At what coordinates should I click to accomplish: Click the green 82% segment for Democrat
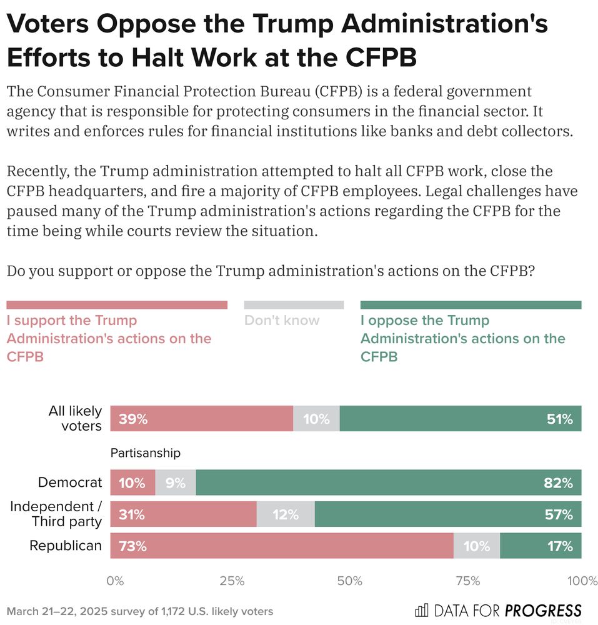(388, 482)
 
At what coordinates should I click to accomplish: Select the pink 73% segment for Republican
(282, 546)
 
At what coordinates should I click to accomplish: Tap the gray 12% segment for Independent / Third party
(285, 514)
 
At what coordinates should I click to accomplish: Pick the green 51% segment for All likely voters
(460, 419)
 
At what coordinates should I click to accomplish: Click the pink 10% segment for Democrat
(132, 482)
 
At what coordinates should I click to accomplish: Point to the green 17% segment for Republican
(541, 546)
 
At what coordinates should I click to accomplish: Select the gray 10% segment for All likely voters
(316, 419)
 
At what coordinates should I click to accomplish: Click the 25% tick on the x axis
(232, 581)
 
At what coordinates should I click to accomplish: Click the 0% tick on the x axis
(115, 581)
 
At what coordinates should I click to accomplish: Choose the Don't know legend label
(282, 321)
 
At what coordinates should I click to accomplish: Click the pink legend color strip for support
(117, 305)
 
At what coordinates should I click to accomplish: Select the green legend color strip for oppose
(471, 305)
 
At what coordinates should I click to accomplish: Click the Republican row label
(66, 546)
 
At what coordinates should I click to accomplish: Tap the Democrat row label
(69, 482)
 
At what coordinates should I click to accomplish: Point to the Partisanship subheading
(145, 452)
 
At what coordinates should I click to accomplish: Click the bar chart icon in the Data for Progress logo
(422, 610)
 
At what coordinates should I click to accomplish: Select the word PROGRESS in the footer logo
(543, 611)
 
